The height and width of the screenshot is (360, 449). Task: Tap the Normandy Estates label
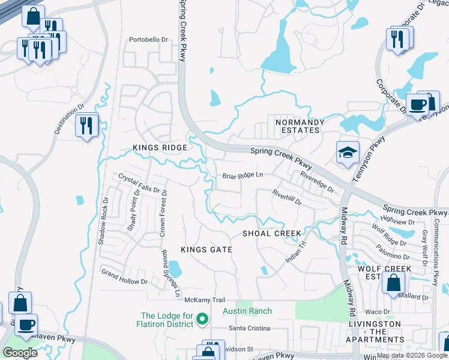click(x=300, y=126)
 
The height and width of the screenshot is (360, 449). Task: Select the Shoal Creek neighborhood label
click(x=271, y=233)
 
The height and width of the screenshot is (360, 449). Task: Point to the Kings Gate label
click(x=206, y=249)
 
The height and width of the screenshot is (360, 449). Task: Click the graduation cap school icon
click(x=348, y=154)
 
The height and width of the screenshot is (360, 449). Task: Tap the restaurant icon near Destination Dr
click(x=87, y=125)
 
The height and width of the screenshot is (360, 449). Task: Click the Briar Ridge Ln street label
click(x=243, y=176)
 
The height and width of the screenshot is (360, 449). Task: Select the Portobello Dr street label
click(x=148, y=40)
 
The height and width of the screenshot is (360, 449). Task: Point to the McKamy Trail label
click(x=204, y=299)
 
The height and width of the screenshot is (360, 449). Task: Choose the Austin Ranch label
click(x=247, y=311)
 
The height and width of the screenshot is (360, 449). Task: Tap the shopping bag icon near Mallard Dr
click(x=393, y=283)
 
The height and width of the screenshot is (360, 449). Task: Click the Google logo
click(x=20, y=353)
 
